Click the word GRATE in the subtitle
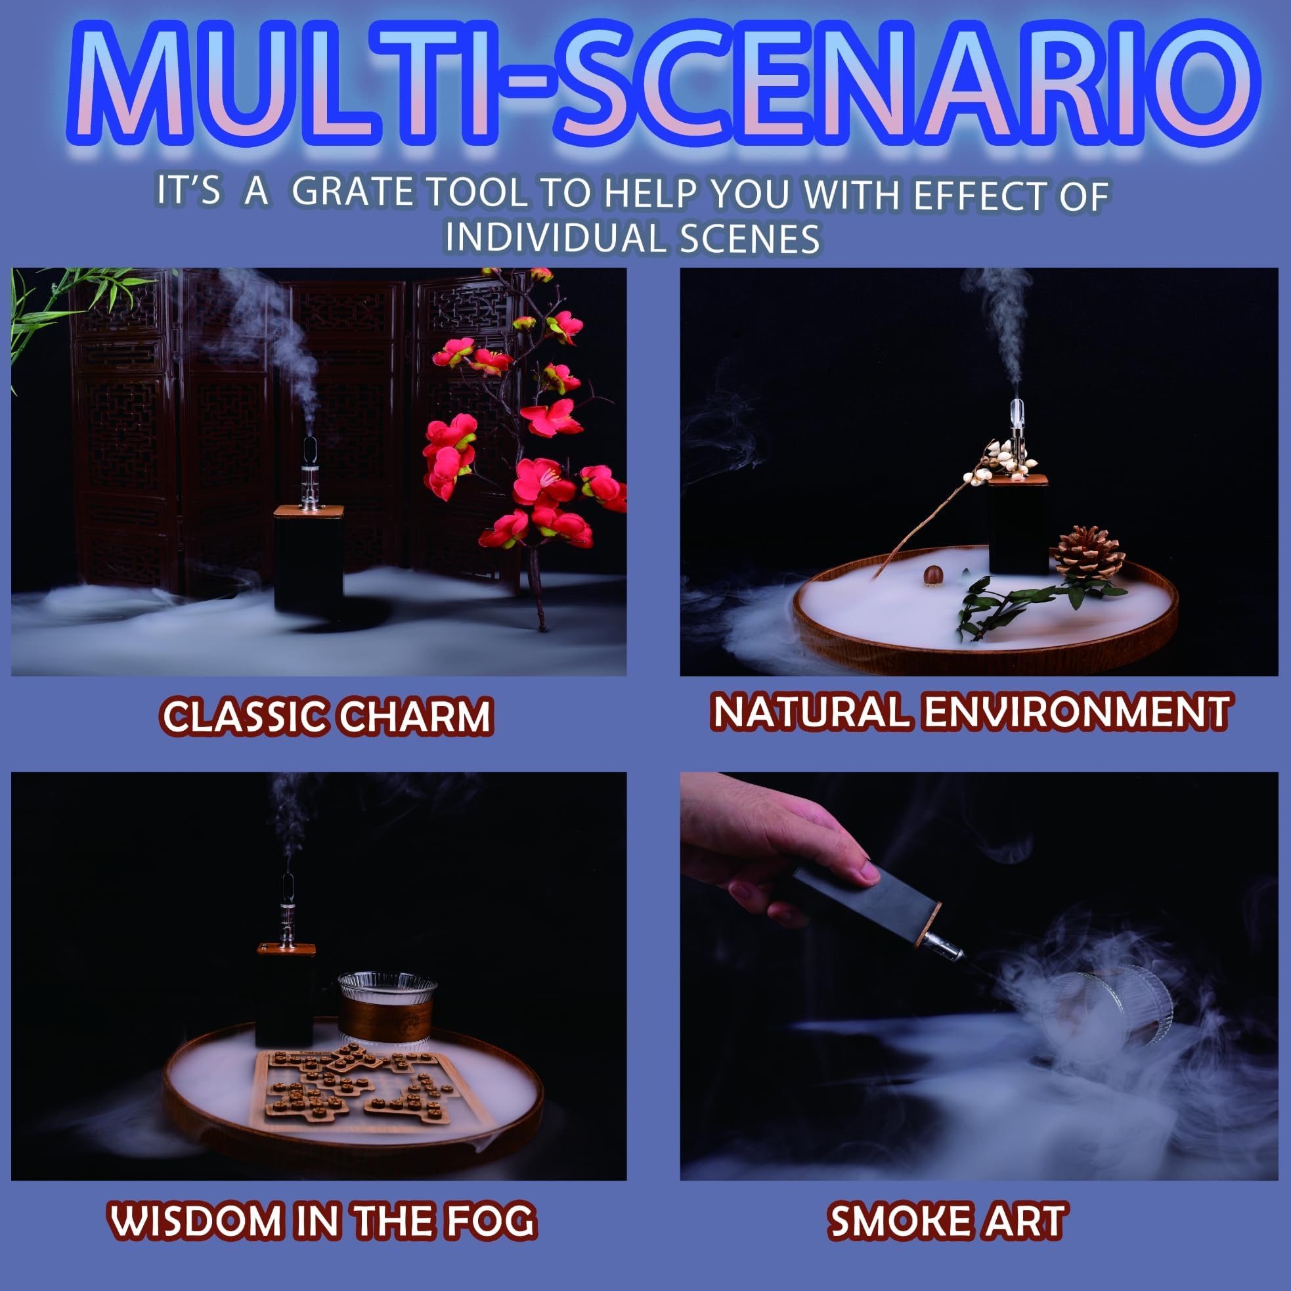[352, 192]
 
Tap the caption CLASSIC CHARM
[328, 716]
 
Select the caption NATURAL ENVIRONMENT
[971, 712]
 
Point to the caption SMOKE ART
[948, 1221]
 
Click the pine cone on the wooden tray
[1089, 554]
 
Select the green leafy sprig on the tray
[1022, 602]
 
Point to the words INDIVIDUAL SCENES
[632, 238]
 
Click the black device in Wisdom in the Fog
[286, 997]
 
